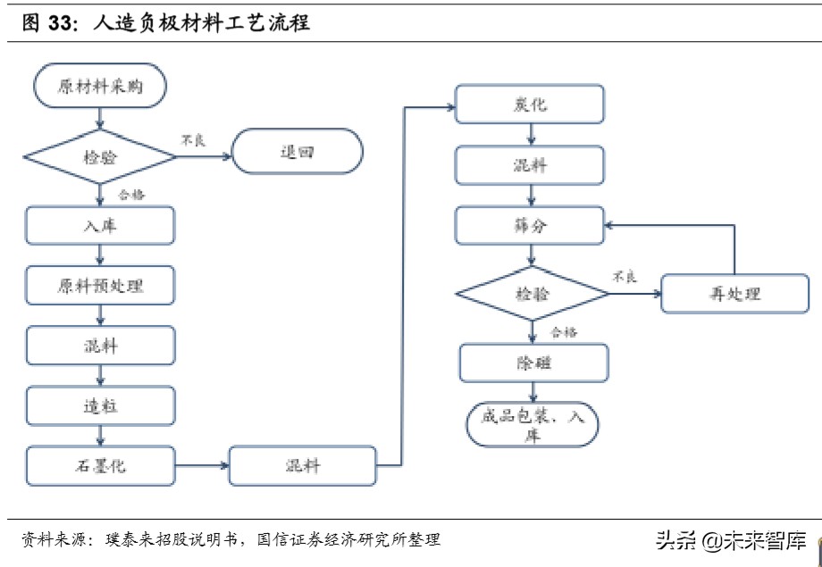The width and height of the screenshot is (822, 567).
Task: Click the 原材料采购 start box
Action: click(x=99, y=87)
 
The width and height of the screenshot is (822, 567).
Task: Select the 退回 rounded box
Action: click(x=298, y=153)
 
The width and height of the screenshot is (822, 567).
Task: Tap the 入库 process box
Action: click(x=99, y=225)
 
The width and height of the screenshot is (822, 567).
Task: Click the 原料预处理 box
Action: click(x=99, y=286)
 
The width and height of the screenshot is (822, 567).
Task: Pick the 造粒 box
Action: click(x=99, y=405)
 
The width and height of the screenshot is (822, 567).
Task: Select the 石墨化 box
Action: click(x=99, y=464)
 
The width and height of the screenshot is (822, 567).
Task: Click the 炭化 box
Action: click(x=530, y=104)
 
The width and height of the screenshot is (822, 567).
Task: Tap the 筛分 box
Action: click(x=530, y=226)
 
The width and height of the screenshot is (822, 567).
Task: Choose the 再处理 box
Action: click(x=734, y=294)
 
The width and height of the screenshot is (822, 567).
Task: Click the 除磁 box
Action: click(x=533, y=363)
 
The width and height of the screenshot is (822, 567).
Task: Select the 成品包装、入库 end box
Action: click(x=533, y=424)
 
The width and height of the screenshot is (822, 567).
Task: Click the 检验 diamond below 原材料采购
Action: click(x=99, y=157)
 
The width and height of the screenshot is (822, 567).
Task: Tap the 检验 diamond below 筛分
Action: click(x=533, y=294)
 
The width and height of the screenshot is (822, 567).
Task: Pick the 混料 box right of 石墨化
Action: click(x=302, y=466)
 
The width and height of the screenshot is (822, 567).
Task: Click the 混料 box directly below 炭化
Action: click(x=530, y=166)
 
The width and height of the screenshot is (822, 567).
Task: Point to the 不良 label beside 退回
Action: click(x=194, y=139)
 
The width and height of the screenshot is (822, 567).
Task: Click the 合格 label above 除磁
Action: click(x=564, y=332)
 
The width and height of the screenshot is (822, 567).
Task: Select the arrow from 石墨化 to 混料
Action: click(x=202, y=465)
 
